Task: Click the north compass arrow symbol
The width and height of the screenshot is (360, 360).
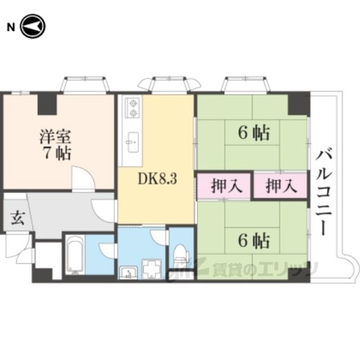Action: tap(33, 26)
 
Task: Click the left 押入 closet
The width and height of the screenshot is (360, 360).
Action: tap(223, 186)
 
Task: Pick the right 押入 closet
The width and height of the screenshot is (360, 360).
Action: tap(280, 186)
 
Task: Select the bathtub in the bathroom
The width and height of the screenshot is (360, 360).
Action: tap(74, 255)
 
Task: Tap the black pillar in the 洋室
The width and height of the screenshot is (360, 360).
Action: tap(47, 103)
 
